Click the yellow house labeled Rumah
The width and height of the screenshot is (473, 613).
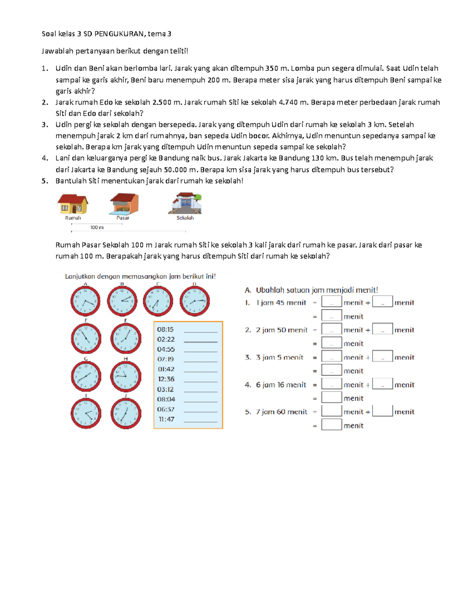coord(73,204)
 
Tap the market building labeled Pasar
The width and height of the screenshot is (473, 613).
coord(124,204)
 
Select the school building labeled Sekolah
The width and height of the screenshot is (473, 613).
coord(185,203)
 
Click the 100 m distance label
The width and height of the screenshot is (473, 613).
coord(97,227)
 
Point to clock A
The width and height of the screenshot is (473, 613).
coord(85,302)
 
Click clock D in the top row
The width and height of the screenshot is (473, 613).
coord(194,302)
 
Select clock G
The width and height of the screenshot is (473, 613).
coord(86,377)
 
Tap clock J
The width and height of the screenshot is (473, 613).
coord(125,414)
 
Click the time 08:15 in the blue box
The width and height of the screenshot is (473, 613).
coord(165,330)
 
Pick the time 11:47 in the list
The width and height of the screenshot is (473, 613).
coord(166,419)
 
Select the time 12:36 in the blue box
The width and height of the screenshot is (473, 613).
coord(166,379)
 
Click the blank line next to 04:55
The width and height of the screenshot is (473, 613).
coord(200,351)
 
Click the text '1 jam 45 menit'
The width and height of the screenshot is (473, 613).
coord(281,303)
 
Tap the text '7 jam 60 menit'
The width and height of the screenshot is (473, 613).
coord(281,412)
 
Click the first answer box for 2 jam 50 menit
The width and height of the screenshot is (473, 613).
coord(331,329)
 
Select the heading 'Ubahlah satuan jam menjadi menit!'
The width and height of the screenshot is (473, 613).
coord(317,290)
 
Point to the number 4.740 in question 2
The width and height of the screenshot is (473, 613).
coord(288,102)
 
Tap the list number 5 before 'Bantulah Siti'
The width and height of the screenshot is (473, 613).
coord(45,181)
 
